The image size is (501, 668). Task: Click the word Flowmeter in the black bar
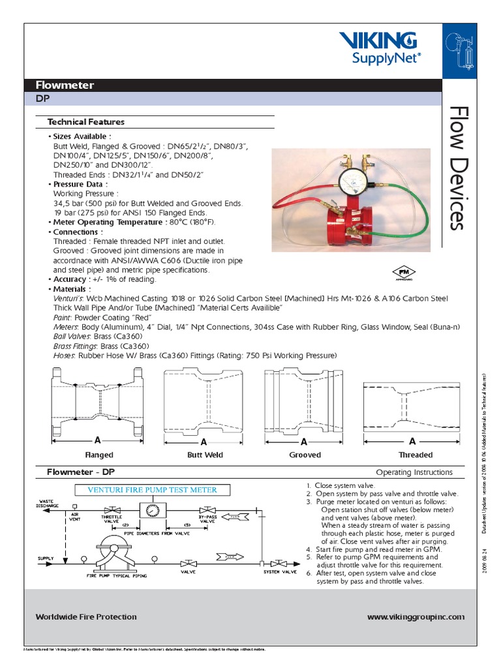(65, 85)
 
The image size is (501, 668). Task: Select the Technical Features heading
(85, 122)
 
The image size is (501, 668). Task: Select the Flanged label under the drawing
(99, 455)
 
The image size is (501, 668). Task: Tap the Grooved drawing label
(305, 455)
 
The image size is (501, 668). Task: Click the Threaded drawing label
(416, 455)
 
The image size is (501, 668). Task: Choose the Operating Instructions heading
(414, 472)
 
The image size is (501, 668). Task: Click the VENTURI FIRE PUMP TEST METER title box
(148, 489)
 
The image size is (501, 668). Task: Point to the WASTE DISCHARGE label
(48, 503)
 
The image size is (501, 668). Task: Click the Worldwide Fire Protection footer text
(86, 616)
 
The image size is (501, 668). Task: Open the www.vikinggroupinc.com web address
(416, 616)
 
